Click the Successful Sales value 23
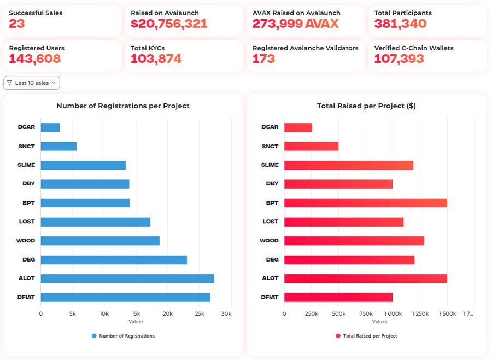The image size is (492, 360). (17, 24)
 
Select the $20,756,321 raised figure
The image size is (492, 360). (169, 24)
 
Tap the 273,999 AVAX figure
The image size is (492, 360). (295, 24)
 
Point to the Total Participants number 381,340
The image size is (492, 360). (400, 24)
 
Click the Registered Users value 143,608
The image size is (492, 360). (34, 59)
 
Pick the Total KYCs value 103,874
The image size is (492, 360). (156, 59)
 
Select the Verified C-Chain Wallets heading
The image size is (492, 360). (414, 48)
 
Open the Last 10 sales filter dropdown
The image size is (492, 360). (32, 83)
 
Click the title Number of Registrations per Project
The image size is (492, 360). (123, 106)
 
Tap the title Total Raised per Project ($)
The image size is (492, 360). (366, 106)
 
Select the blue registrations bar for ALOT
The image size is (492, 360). (127, 278)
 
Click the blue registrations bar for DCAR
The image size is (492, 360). (50, 127)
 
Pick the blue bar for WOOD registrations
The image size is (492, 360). (100, 241)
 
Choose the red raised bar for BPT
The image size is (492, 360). (365, 203)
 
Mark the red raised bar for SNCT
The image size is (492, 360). (311, 146)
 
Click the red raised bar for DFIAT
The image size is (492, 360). (338, 297)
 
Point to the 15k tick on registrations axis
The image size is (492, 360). (136, 313)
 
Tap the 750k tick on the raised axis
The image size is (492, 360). (366, 313)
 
